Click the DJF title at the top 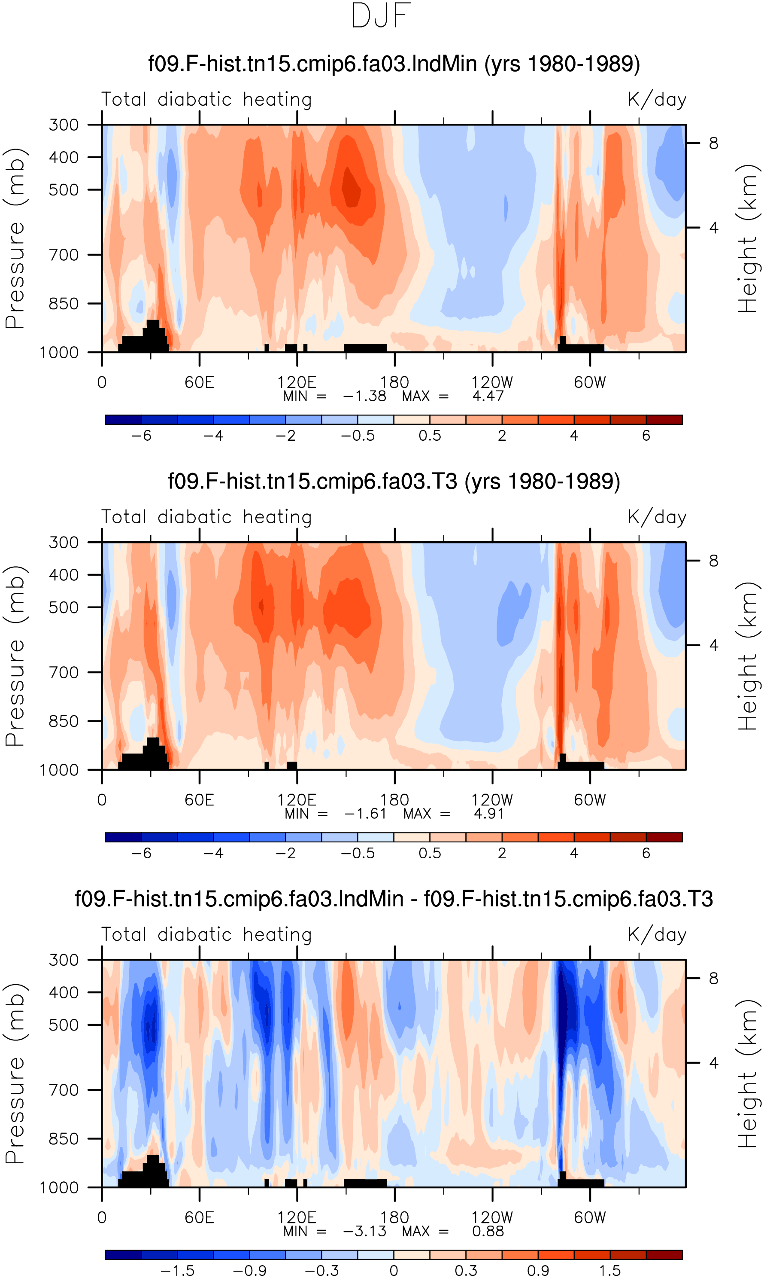(x=381, y=15)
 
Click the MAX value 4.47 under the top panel (x=488, y=396)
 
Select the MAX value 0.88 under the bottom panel (x=488, y=1231)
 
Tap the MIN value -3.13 (x=364, y=1231)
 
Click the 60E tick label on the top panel (x=199, y=382)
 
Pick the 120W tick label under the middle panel (x=492, y=800)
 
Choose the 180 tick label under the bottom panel (x=394, y=1218)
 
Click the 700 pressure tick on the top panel (x=64, y=254)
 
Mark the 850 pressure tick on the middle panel (x=64, y=721)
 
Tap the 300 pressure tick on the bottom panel (x=64, y=960)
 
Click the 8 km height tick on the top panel (x=713, y=143)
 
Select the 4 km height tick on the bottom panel (x=713, y=1063)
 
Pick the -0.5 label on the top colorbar (x=358, y=436)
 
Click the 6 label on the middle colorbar (x=646, y=854)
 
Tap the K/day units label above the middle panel (x=657, y=517)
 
